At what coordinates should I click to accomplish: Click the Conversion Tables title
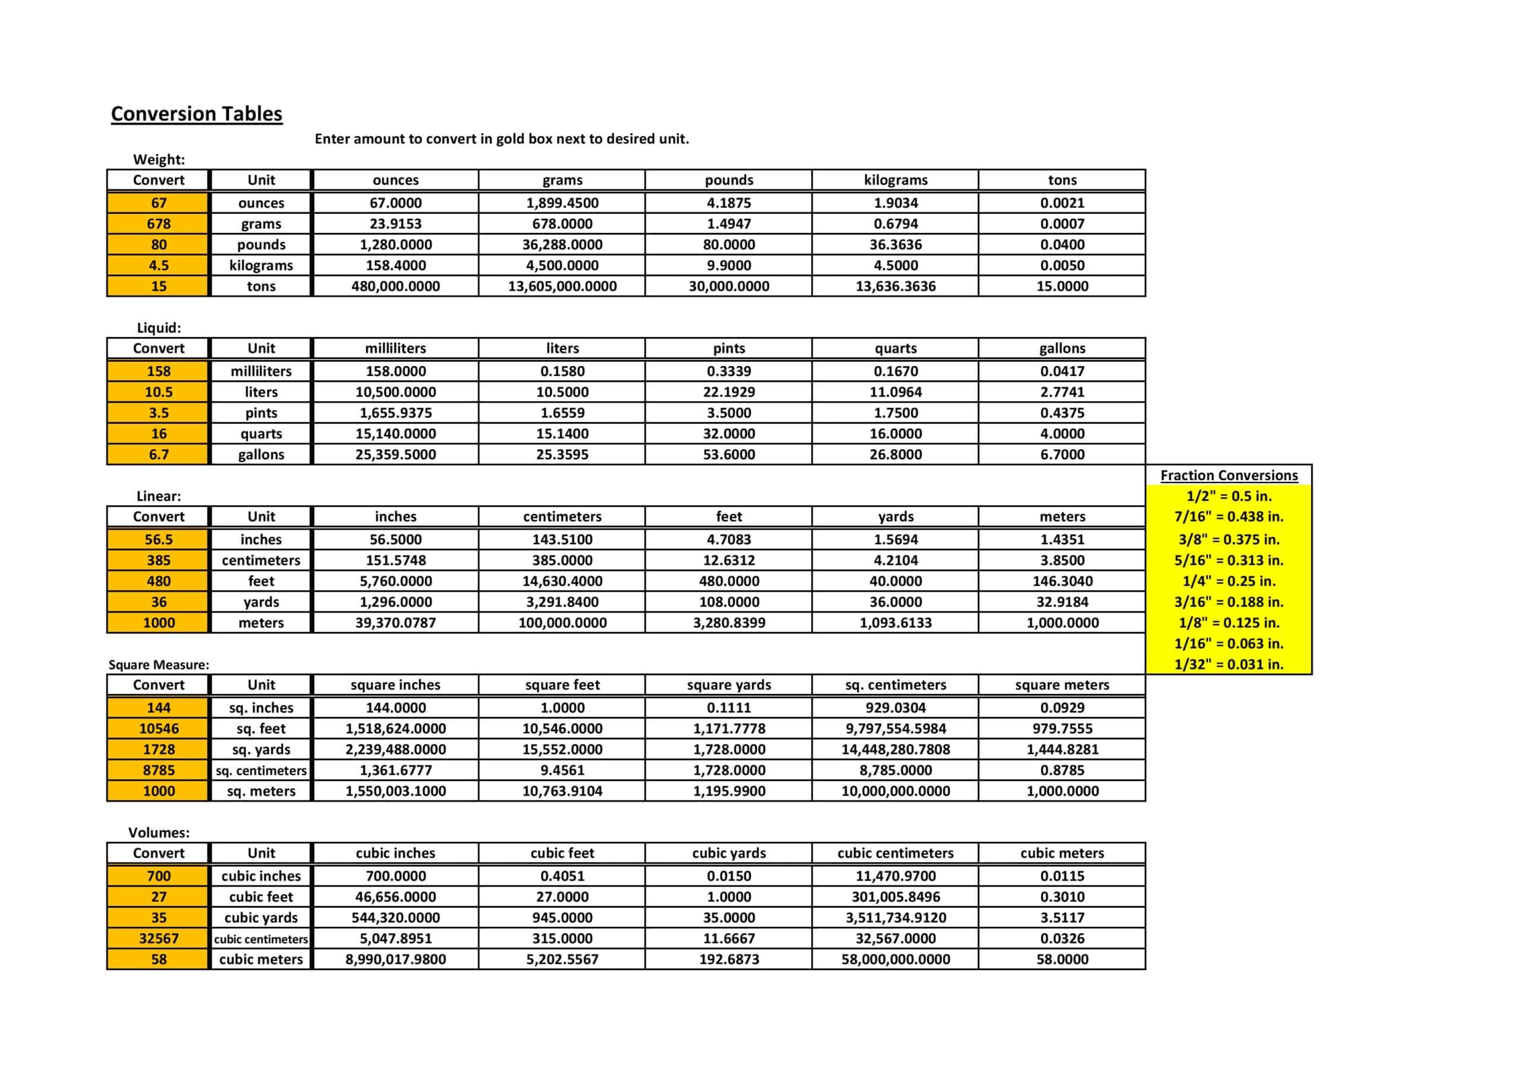[x=196, y=114]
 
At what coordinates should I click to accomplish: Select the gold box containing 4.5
[x=158, y=266]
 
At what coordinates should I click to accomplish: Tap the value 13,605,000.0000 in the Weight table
[x=562, y=286]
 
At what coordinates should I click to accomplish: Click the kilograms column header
[x=895, y=180]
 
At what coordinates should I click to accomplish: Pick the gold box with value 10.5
[x=158, y=392]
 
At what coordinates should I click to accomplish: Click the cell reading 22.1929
[x=728, y=392]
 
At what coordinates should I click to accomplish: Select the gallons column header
[x=1062, y=349]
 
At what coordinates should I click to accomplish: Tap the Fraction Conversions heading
[x=1229, y=476]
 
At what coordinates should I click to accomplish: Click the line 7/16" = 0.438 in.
[x=1229, y=517]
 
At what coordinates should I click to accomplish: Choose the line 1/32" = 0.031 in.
[x=1229, y=664]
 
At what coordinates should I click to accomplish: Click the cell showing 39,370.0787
[x=396, y=623]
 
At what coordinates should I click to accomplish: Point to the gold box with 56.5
[x=158, y=540]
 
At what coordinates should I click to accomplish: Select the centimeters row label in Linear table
[x=261, y=560]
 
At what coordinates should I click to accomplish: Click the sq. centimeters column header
[x=895, y=685]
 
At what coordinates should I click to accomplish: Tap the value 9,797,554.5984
[x=895, y=729]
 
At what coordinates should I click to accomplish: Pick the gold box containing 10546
[x=158, y=729]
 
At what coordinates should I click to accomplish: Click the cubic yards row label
[x=261, y=917]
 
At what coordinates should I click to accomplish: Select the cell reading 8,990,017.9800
[x=396, y=960]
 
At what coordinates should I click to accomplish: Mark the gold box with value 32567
[x=158, y=939]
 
